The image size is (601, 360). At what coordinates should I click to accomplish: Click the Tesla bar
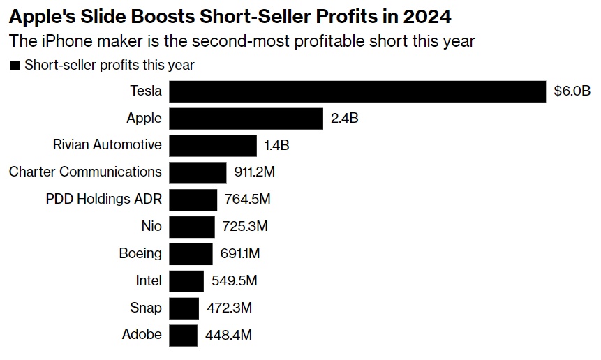[x=357, y=91]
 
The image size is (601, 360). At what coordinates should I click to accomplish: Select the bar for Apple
[x=246, y=119]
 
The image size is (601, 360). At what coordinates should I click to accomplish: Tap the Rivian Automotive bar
[x=213, y=146]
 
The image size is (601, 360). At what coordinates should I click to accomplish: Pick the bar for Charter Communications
[x=198, y=172]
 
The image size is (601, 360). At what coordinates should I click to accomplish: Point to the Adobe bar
[x=184, y=335]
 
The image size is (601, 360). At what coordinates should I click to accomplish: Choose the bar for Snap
[x=184, y=308]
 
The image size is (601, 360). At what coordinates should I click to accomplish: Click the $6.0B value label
[x=572, y=91]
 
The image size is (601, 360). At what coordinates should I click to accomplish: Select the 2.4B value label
[x=345, y=119]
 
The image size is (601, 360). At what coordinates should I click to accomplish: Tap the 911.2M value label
[x=257, y=172]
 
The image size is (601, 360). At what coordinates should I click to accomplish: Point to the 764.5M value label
[x=247, y=200]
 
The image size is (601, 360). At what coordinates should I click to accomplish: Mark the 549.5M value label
[x=235, y=281]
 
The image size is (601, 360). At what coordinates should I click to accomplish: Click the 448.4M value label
[x=228, y=335]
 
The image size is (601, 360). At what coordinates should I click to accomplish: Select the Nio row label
[x=151, y=226]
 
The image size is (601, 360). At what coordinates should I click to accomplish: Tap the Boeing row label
[x=140, y=253]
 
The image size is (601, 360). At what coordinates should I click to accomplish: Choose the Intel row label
[x=149, y=280]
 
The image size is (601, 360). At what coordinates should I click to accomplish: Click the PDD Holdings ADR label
[x=103, y=199]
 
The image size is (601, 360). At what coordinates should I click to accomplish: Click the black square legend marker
[x=15, y=66]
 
